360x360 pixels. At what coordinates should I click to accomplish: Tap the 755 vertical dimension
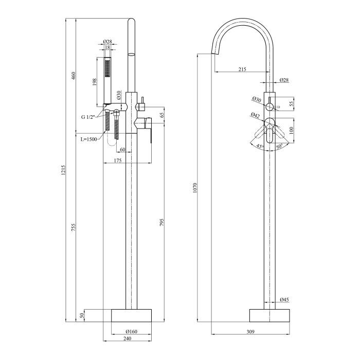pyautogui.click(x=73, y=227)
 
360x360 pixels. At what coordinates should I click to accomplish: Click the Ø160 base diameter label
pyautogui.click(x=131, y=331)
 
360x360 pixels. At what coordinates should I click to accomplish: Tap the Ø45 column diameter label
pyautogui.click(x=284, y=300)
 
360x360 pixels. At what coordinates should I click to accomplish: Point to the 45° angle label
pyautogui.click(x=260, y=146)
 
